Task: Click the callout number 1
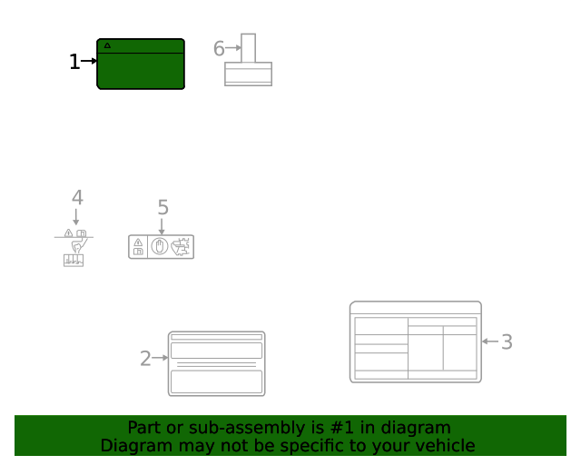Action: tap(74, 62)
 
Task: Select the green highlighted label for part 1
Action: tap(141, 68)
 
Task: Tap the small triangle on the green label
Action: tap(107, 45)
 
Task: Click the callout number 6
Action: tap(219, 49)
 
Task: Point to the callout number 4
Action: tap(77, 197)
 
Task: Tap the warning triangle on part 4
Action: tap(69, 233)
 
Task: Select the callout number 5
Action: tap(162, 207)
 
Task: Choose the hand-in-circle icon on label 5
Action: tap(160, 246)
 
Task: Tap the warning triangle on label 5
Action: tap(138, 242)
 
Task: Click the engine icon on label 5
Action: tap(181, 246)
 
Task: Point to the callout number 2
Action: tap(145, 359)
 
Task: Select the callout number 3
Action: tap(507, 341)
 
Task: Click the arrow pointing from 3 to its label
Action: tap(490, 341)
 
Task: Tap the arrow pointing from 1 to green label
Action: tap(89, 62)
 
